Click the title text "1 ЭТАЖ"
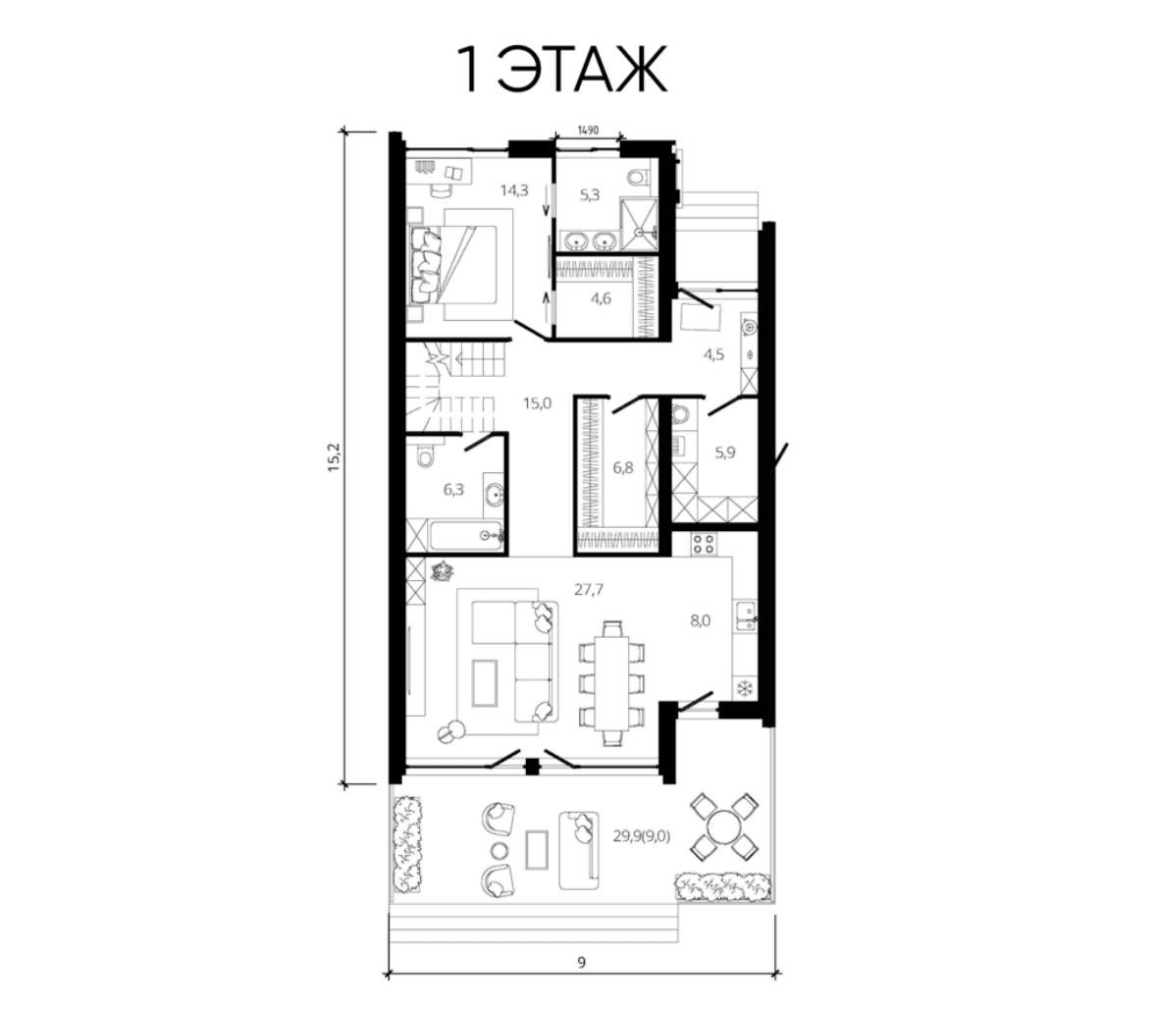click(563, 70)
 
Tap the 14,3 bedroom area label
click(514, 190)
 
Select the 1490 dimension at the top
click(588, 131)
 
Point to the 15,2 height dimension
click(334, 456)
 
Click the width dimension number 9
click(582, 963)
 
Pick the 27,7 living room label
click(589, 590)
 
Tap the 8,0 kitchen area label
click(700, 620)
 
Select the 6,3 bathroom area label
click(453, 489)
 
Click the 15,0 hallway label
click(537, 403)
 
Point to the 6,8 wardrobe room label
click(623, 467)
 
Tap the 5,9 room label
click(725, 453)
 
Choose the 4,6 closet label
click(601, 299)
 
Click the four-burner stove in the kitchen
click(703, 544)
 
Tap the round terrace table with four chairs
click(722, 826)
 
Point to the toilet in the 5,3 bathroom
click(637, 177)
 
